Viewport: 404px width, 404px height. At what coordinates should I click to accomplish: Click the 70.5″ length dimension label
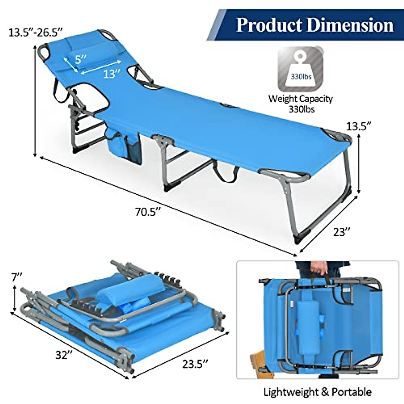click(x=148, y=212)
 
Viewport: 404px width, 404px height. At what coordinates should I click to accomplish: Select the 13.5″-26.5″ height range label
click(x=36, y=33)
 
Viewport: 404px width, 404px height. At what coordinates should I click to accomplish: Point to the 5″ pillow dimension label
click(x=81, y=59)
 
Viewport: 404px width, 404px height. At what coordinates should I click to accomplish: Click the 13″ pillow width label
click(x=112, y=74)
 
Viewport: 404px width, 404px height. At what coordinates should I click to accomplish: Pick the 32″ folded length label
click(x=64, y=355)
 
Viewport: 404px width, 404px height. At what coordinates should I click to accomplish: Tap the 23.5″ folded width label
click(x=195, y=364)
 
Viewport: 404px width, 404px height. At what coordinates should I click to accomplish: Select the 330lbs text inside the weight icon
click(x=301, y=77)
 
